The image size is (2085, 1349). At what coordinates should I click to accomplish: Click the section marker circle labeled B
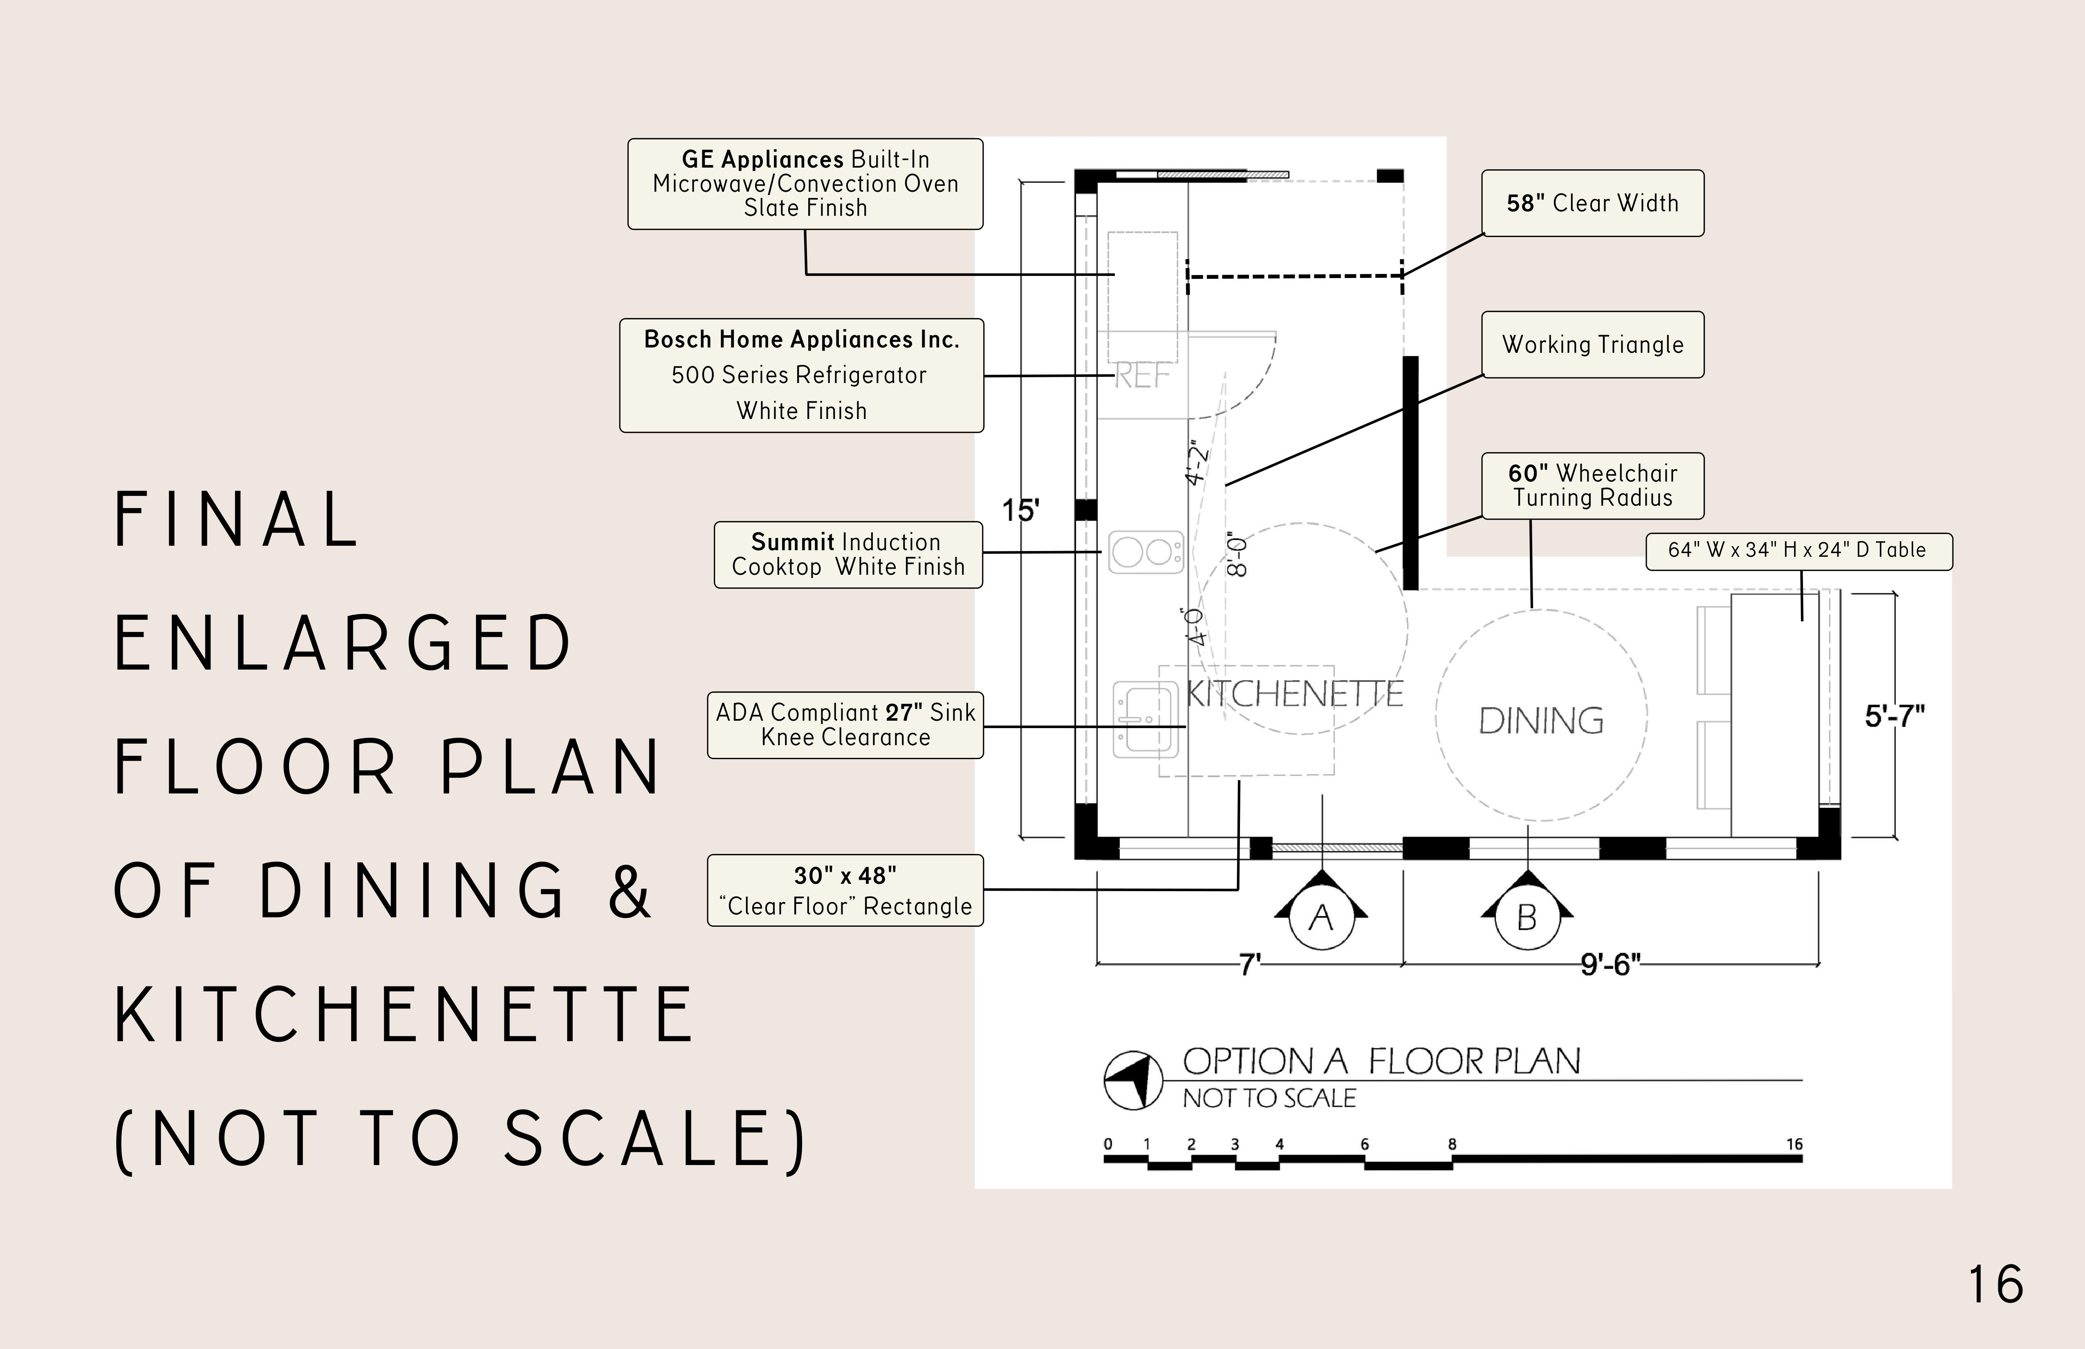(1527, 918)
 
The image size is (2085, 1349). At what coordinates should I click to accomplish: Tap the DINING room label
(1541, 721)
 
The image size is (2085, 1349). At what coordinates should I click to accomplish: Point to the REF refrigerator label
(1141, 376)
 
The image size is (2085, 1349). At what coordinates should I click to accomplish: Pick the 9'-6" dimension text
(1610, 964)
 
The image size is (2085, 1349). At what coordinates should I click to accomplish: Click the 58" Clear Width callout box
(1593, 203)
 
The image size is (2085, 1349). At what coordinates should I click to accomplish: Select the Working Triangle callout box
(1593, 344)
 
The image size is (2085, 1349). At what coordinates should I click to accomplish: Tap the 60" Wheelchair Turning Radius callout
(1593, 485)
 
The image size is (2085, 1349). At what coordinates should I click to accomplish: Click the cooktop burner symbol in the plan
(1146, 552)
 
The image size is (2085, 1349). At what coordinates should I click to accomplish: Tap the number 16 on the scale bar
(1794, 1144)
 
